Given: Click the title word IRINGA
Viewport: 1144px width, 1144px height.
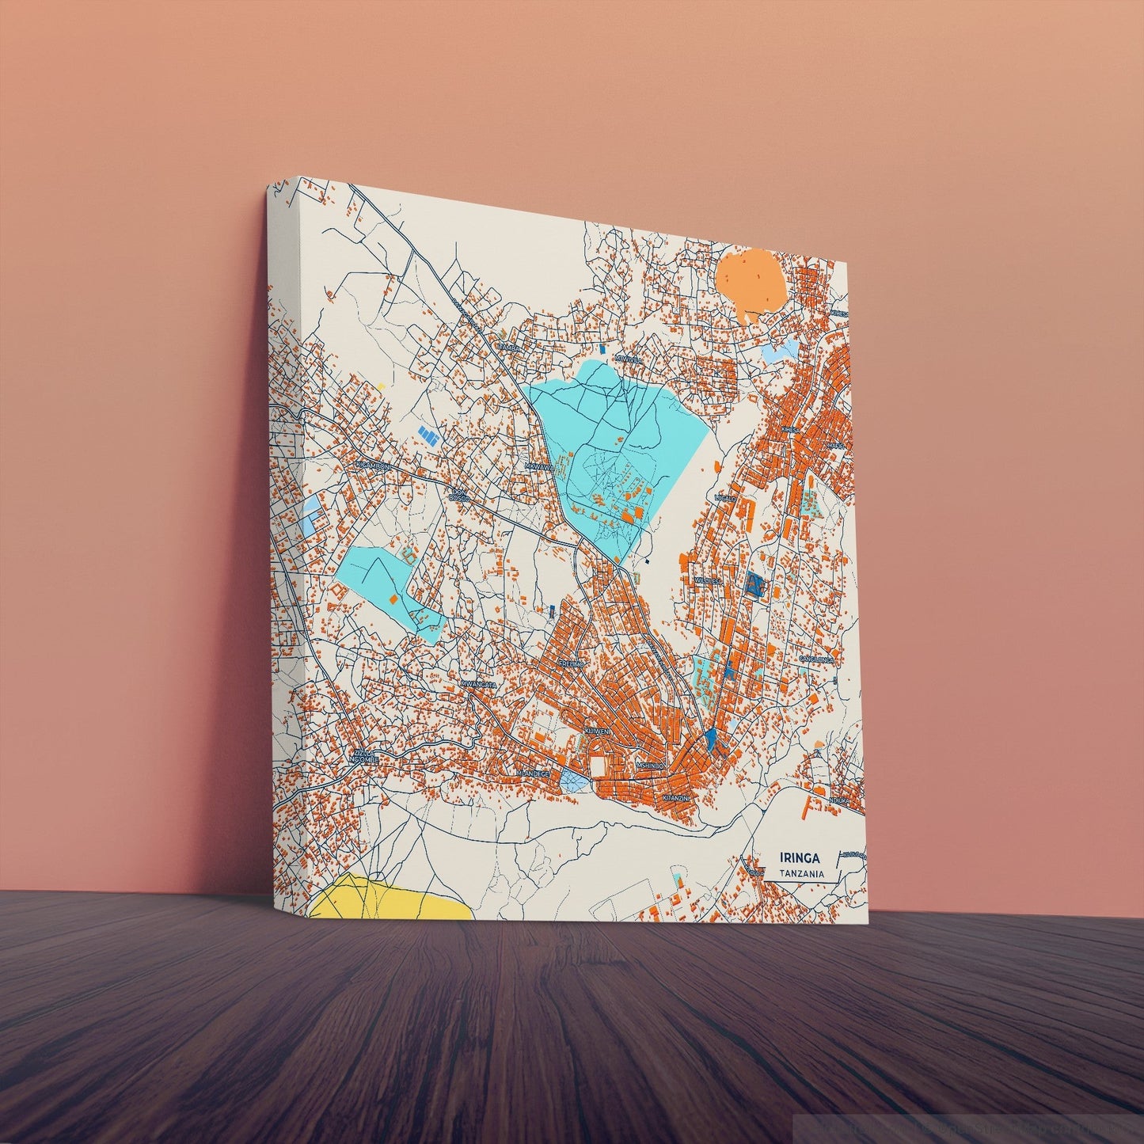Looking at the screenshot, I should [800, 858].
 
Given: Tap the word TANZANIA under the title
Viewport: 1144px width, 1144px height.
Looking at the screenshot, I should [801, 874].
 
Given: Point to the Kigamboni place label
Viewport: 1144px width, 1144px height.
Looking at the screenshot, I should [374, 466].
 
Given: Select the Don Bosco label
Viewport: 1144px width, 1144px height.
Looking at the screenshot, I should [458, 495].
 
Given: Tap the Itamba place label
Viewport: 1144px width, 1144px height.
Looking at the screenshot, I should [508, 347].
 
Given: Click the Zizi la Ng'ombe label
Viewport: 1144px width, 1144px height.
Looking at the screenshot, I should [366, 756].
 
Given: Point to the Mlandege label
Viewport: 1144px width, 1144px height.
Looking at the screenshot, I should [532, 772].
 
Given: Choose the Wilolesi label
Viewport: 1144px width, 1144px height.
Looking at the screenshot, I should [709, 580].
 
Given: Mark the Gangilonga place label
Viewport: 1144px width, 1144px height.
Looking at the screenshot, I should [816, 659].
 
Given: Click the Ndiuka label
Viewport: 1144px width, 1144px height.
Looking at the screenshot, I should [838, 801].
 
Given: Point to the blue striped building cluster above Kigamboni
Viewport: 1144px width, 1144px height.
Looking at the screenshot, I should [428, 435].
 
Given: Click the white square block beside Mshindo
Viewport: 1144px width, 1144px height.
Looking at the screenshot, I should [598, 766].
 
